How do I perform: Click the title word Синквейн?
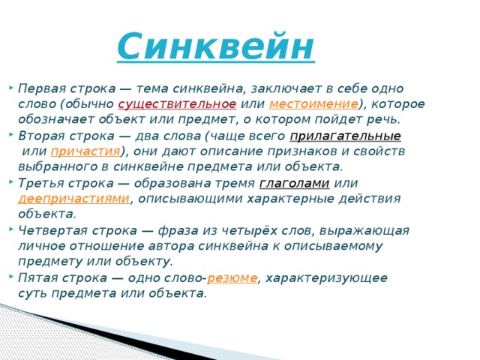point(216,46)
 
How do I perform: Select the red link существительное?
point(177,103)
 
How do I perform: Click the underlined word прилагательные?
point(345,136)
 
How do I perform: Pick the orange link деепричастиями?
point(74,199)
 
